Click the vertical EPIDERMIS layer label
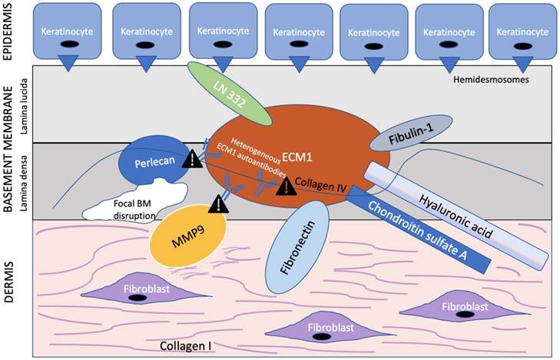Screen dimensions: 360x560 (x=9, y=34)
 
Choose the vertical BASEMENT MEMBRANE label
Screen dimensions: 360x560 (x=9, y=141)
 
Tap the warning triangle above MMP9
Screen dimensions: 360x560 (x=219, y=204)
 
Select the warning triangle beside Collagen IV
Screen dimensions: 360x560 (x=283, y=187)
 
